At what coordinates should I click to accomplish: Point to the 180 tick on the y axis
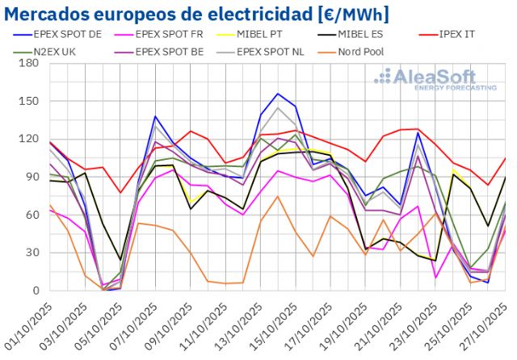point(29,63)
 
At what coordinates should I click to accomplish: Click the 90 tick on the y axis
point(32,177)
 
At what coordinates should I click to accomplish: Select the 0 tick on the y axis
point(36,291)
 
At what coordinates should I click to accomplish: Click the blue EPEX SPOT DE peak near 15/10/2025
point(278,94)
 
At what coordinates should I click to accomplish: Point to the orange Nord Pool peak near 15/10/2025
point(278,196)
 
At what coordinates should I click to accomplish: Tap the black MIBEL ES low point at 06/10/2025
point(120,260)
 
